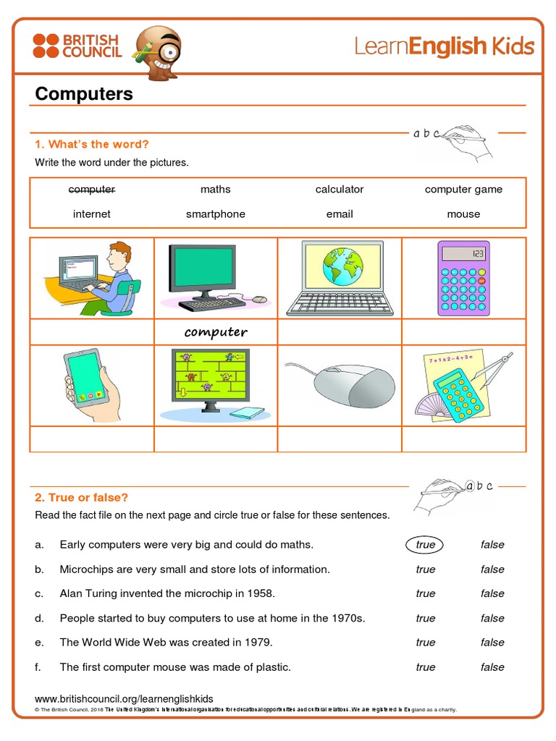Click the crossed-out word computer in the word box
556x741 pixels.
(x=91, y=190)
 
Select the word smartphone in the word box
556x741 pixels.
(x=215, y=214)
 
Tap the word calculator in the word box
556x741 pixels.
(x=339, y=190)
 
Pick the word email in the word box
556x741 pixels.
(x=339, y=214)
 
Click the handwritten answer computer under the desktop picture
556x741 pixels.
(x=216, y=332)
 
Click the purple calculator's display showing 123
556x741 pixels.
(x=463, y=254)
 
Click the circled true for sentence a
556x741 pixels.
(x=425, y=545)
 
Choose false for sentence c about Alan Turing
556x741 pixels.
(x=492, y=593)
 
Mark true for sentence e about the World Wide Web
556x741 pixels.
(x=425, y=643)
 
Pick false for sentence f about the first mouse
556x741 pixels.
(x=492, y=667)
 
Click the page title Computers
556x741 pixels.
(x=84, y=94)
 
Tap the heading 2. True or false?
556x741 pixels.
(x=81, y=498)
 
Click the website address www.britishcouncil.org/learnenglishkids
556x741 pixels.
(x=124, y=698)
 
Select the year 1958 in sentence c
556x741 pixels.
(x=261, y=593)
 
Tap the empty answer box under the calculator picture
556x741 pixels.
(x=463, y=332)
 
